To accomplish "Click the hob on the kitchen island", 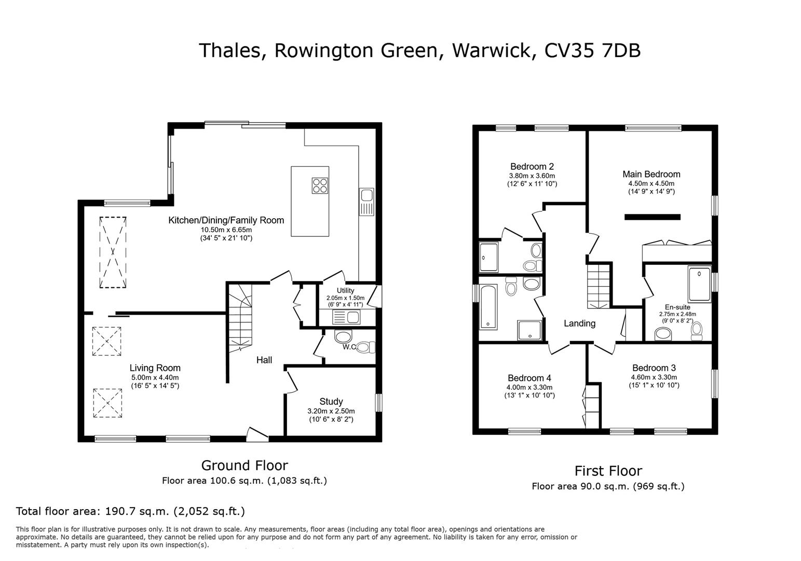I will [x=320, y=185].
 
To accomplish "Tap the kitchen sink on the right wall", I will [x=366, y=202].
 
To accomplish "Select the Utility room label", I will [x=345, y=290].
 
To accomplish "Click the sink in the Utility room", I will [x=347, y=317].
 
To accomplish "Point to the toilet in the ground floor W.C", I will [x=365, y=347].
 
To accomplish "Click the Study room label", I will [x=331, y=402].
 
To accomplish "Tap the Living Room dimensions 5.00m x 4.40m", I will [x=155, y=378].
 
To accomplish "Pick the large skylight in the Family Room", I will [x=113, y=252].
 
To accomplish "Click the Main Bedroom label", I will [x=651, y=175].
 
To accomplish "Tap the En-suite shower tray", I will [x=699, y=284].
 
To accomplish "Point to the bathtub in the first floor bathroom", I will [x=488, y=307].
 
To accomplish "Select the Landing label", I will [x=579, y=324].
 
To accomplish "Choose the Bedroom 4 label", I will [x=529, y=378].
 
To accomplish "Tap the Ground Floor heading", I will [x=244, y=465].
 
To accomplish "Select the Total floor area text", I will [x=130, y=511].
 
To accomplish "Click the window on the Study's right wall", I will [x=378, y=403].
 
